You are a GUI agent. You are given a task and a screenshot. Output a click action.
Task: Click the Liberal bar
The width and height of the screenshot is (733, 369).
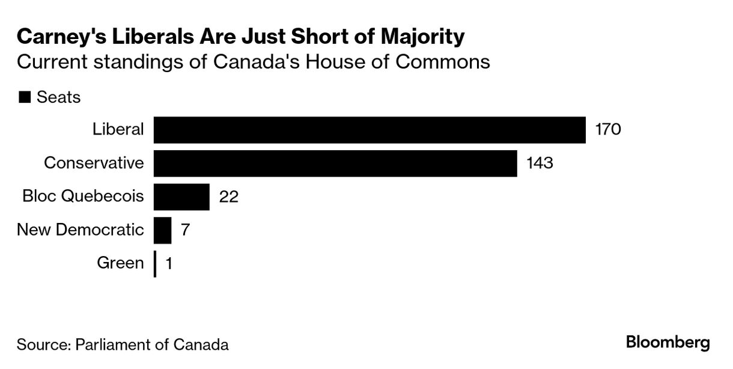point(370,130)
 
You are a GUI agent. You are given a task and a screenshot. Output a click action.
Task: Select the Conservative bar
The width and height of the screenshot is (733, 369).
point(335,163)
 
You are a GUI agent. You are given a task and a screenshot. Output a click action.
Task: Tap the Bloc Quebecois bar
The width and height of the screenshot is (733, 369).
point(181,197)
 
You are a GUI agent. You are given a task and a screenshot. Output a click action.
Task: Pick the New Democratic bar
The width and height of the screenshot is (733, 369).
point(163,230)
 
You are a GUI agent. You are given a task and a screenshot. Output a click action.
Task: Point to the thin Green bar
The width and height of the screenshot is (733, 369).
point(155,264)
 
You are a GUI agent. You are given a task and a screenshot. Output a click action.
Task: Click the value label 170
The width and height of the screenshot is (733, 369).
point(607,130)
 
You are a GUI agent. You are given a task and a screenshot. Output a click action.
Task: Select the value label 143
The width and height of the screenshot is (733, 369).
point(539,163)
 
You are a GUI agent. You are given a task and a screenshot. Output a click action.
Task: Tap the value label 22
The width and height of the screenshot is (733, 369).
point(229,197)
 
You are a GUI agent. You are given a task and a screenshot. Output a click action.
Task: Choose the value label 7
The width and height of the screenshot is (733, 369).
point(186,230)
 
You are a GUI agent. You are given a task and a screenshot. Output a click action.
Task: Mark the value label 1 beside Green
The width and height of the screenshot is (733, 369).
point(169,264)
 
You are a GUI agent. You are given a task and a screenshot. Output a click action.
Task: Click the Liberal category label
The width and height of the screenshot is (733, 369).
point(118,129)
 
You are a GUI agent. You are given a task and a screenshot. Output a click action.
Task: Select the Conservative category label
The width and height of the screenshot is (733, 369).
point(94,163)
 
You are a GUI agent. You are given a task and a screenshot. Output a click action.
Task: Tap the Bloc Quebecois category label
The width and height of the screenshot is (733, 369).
point(83,197)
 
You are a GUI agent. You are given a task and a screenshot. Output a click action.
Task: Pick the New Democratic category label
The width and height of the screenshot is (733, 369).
point(81,230)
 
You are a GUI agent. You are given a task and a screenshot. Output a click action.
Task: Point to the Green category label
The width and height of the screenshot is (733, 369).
point(120,263)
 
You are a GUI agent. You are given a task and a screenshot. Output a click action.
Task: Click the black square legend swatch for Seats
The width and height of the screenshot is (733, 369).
point(25,98)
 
